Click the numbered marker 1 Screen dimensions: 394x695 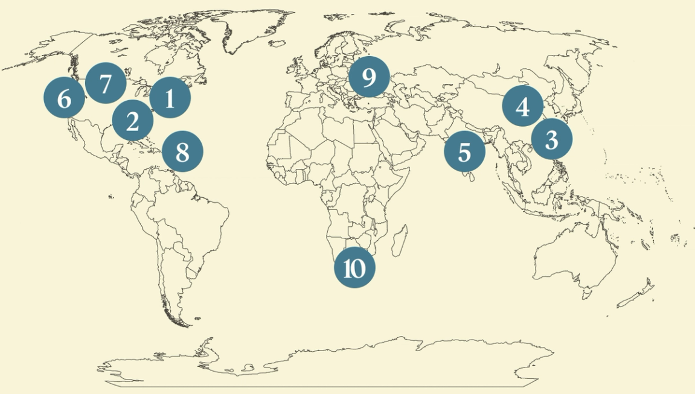pos(170,98)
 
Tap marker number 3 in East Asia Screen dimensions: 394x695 pos(551,139)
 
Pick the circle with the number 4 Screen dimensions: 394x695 pos(523,106)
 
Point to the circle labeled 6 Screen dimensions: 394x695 pos(64,98)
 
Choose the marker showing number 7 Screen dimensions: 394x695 pos(106,83)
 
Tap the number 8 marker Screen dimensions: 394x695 pos(182,151)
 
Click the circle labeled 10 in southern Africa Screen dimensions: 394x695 pos(354,267)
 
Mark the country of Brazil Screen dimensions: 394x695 pos(193,217)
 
